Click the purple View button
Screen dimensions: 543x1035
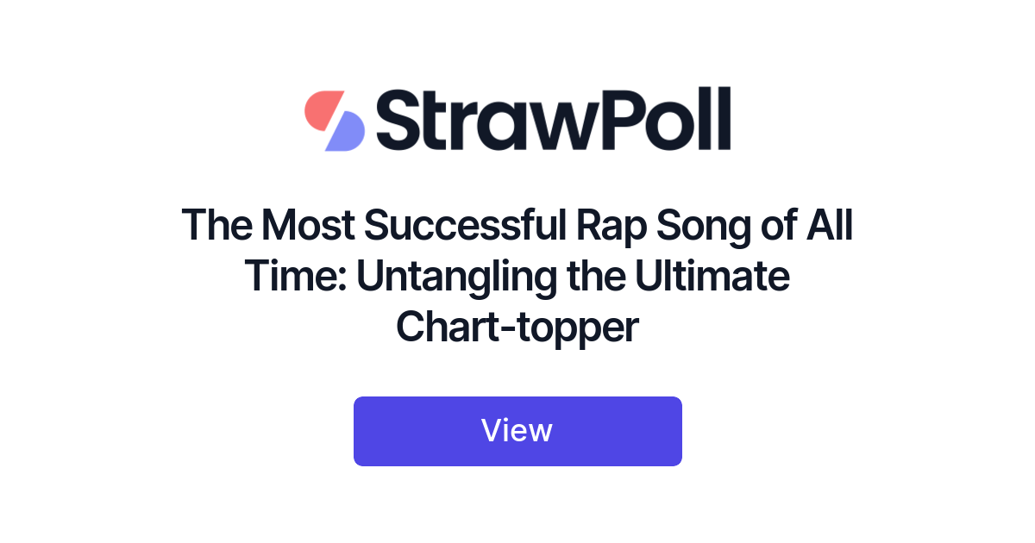coord(517,431)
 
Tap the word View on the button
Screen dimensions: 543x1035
coord(517,430)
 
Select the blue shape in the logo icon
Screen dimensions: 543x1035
coord(345,133)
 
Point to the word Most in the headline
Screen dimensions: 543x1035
coord(308,227)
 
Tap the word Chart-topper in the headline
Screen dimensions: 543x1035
coord(517,328)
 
